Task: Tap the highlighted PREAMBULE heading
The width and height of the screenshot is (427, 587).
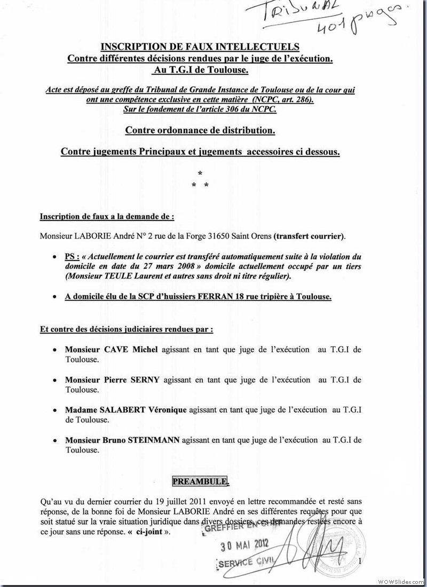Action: click(x=200, y=481)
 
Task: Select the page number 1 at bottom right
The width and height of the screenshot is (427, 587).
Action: click(x=361, y=561)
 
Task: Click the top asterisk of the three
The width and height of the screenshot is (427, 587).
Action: click(x=200, y=173)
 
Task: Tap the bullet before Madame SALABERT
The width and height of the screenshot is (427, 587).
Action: click(x=55, y=410)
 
